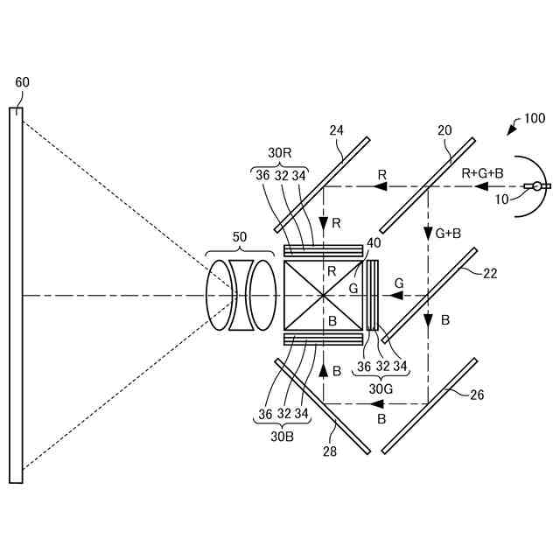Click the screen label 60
[x=23, y=82]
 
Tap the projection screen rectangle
[x=16, y=295]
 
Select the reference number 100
[x=533, y=119]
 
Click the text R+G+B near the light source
[x=482, y=173]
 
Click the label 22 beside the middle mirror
[x=490, y=273]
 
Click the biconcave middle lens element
[x=238, y=295]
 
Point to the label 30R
[x=280, y=151]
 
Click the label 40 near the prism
[x=374, y=242]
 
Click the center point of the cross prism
[x=324, y=296]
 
